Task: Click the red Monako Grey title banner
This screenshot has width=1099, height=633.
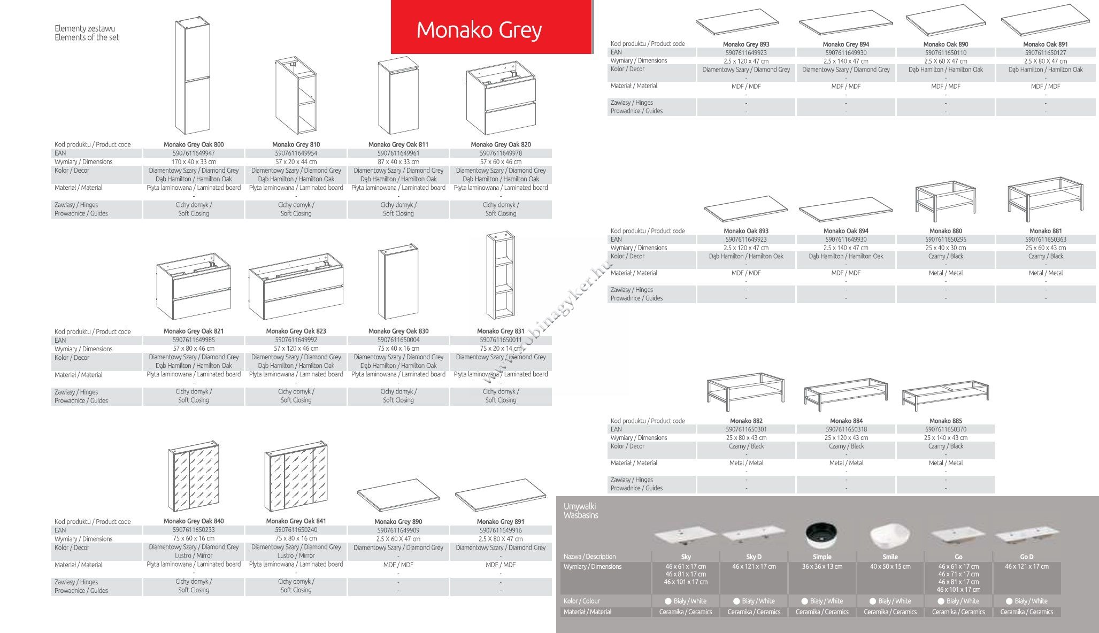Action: tap(491, 27)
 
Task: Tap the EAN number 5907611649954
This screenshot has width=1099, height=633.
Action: tap(296, 153)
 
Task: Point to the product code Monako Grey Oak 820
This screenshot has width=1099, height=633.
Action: tap(501, 144)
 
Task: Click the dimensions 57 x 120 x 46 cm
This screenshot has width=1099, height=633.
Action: tap(296, 349)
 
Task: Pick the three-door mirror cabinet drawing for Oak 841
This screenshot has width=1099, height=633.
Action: tap(296, 476)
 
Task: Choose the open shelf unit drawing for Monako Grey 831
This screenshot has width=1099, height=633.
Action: tap(501, 275)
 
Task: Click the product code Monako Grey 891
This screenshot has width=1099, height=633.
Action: tap(501, 521)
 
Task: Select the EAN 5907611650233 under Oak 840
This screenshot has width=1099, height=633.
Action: tap(194, 530)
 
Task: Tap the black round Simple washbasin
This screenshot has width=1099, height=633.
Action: tap(821, 535)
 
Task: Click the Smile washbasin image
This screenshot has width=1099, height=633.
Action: tap(890, 536)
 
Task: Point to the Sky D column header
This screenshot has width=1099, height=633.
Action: tap(754, 557)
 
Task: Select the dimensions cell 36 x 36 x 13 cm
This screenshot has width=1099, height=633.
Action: tap(822, 567)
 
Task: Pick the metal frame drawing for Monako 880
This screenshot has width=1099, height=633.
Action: tap(946, 201)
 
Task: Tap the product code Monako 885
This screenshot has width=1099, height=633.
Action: tap(946, 421)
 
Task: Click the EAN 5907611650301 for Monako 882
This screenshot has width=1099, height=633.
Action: tap(746, 429)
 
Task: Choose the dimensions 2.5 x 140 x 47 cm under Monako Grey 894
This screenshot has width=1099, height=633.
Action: tap(846, 61)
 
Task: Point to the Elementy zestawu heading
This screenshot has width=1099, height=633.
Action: tap(84, 28)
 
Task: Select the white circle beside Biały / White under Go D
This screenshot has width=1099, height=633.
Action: tap(1009, 601)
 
